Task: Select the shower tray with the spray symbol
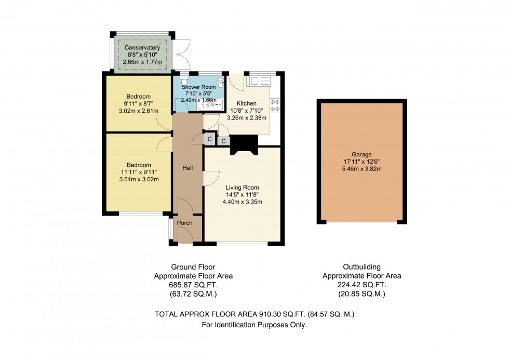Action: click(210, 104)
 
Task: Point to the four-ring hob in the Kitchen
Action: click(275, 105)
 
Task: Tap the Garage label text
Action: click(361, 154)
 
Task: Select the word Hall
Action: click(187, 168)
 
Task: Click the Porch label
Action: click(184, 223)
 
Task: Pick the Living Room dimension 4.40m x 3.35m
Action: click(242, 202)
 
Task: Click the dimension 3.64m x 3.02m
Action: click(138, 179)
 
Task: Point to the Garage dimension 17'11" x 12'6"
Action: click(361, 161)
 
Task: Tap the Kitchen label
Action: click(247, 103)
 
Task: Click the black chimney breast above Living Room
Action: click(244, 144)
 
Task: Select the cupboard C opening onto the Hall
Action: click(209, 139)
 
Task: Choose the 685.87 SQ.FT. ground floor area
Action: click(193, 285)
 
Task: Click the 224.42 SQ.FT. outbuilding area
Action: click(361, 285)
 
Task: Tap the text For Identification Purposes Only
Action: click(254, 325)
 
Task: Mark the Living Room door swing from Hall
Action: click(210, 178)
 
